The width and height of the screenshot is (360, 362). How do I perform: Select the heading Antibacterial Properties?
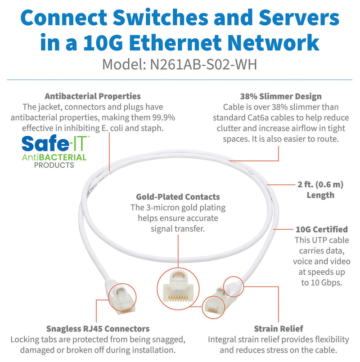coord(93,96)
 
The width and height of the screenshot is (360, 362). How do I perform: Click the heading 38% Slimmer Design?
coord(281,96)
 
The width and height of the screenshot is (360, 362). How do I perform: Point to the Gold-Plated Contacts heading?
coord(178,197)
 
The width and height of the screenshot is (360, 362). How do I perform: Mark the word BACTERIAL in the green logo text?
coord(63,157)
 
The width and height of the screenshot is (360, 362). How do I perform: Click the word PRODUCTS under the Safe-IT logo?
coord(54,165)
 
